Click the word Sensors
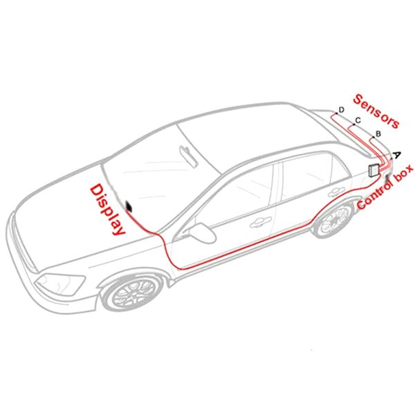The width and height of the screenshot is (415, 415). point(376,111)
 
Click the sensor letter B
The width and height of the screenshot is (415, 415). point(378,133)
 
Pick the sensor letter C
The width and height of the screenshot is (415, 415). point(357,120)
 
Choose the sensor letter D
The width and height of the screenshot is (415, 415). point(341,109)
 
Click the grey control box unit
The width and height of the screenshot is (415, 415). point(373,169)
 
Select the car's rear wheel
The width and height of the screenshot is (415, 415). point(333,219)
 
